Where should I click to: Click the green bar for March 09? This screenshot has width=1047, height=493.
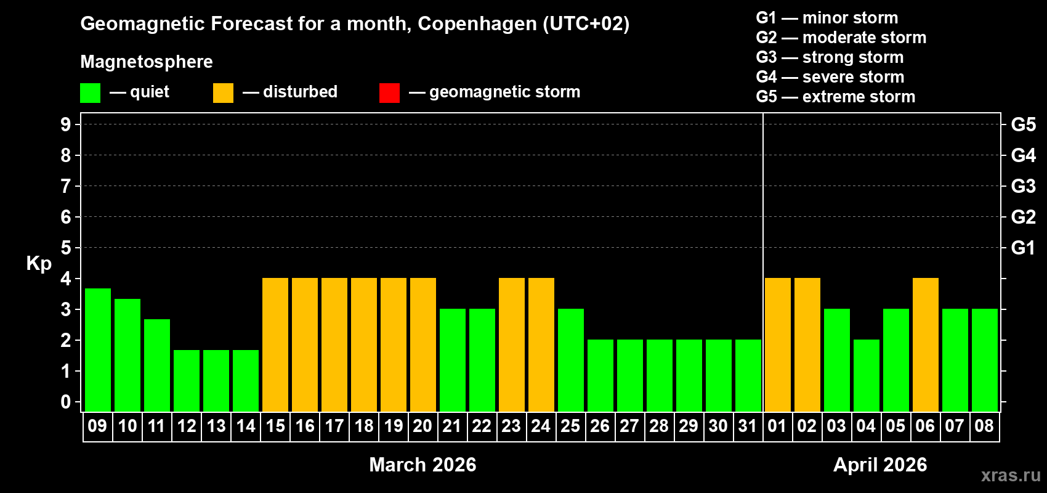click(97, 349)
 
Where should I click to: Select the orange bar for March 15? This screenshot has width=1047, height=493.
click(275, 344)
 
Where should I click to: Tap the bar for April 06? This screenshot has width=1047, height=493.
click(925, 344)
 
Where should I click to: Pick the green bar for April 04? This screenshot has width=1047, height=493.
click(866, 375)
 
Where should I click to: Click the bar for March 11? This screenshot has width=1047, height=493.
click(156, 365)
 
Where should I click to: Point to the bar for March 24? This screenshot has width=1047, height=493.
click(541, 344)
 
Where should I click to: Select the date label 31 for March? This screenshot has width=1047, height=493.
click(747, 426)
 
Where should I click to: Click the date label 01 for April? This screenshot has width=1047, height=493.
click(777, 426)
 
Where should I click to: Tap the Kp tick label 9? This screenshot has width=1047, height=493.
click(66, 124)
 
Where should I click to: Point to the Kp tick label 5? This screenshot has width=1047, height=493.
click(66, 248)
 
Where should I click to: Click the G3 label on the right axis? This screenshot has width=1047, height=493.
click(1023, 186)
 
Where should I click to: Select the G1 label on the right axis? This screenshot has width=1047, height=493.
click(1023, 248)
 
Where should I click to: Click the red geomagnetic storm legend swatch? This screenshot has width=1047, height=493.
click(389, 93)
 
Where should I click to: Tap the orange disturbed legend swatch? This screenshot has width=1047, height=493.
click(223, 93)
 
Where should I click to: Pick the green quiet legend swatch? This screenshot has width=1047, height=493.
click(90, 93)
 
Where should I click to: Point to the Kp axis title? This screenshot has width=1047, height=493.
click(39, 263)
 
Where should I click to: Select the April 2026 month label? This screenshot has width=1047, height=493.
click(879, 465)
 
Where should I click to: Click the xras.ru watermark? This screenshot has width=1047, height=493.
click(1010, 475)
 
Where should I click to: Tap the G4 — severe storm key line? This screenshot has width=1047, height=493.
click(830, 77)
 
